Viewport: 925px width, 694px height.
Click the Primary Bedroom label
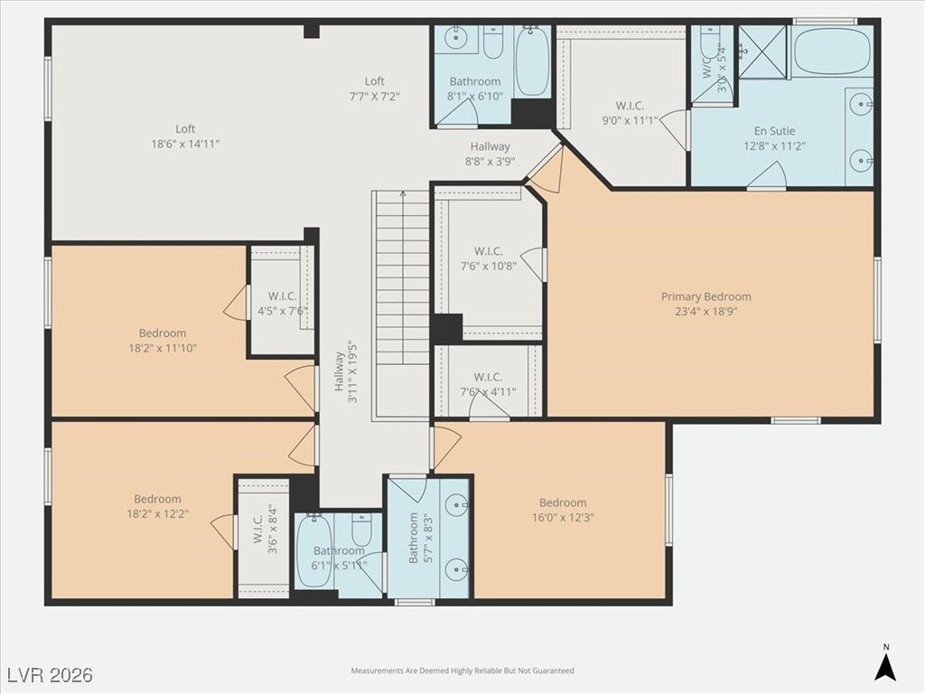705,296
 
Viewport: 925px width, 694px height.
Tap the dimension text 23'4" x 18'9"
705,311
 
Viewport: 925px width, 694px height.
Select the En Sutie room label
774,131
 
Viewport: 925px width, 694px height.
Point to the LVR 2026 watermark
50,675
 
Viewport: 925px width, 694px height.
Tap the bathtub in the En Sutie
833,51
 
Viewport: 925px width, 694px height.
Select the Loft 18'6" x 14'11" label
184,136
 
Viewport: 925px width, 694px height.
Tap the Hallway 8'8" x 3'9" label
489,154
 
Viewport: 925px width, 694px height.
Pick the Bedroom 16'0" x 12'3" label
563,511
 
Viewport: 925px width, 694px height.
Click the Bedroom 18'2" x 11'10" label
163,340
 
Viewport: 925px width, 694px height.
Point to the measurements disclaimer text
462,671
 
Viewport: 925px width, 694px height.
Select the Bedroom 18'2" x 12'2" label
158,506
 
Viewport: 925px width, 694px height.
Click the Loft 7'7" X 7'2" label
374,88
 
